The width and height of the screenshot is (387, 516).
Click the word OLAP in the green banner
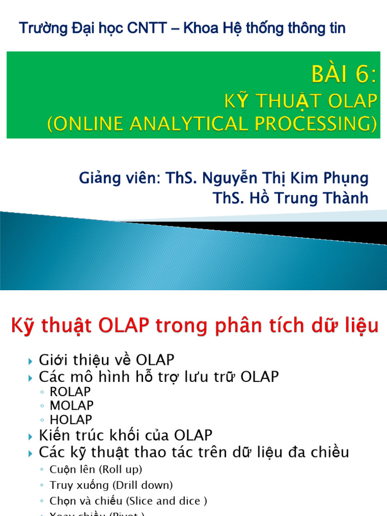[x=351, y=102]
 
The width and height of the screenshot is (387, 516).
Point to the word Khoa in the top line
[x=201, y=29]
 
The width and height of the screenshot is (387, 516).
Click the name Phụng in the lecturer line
[x=347, y=178]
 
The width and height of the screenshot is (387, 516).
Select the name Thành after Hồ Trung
[x=345, y=198]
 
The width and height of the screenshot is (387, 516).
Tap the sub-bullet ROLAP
[x=71, y=392]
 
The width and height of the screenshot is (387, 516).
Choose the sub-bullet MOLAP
[x=72, y=405]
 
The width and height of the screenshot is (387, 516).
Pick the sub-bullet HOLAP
[x=71, y=419]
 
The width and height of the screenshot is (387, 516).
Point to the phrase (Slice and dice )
[x=166, y=501]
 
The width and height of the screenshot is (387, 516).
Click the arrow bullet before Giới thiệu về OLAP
[x=30, y=361]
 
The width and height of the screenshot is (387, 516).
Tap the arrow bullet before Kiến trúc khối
[x=30, y=435]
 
